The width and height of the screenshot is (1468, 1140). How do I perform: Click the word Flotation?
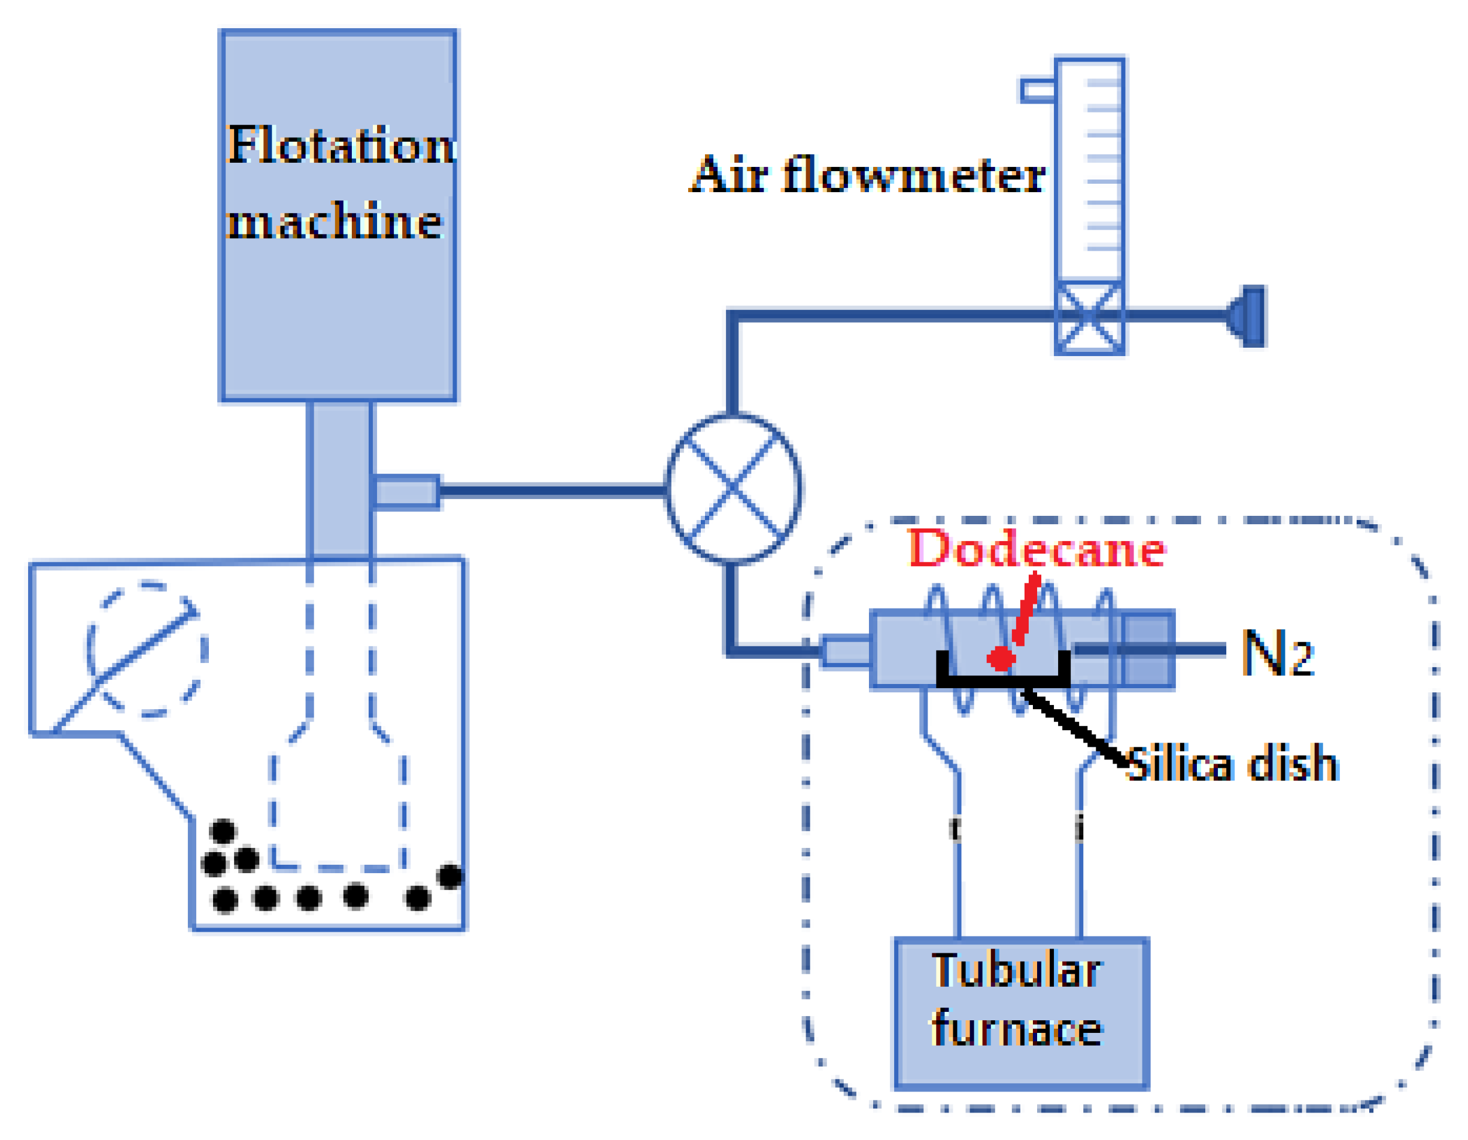(341, 145)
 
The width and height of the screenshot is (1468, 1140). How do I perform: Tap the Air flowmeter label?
(867, 175)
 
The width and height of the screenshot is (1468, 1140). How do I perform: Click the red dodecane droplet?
(1001, 659)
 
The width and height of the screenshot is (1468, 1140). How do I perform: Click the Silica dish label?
(1232, 764)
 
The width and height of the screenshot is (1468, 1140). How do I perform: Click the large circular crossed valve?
(733, 489)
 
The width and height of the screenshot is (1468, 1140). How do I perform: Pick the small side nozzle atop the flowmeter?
(1038, 90)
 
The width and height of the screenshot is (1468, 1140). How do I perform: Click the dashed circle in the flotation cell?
(147, 649)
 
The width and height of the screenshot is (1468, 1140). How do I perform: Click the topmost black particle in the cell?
(223, 831)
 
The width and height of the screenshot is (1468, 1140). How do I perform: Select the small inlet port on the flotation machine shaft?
(406, 492)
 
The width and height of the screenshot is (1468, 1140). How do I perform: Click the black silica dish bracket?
(1004, 680)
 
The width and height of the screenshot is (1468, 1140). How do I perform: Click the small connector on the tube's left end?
(846, 650)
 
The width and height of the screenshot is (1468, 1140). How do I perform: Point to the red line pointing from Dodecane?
(1026, 609)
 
